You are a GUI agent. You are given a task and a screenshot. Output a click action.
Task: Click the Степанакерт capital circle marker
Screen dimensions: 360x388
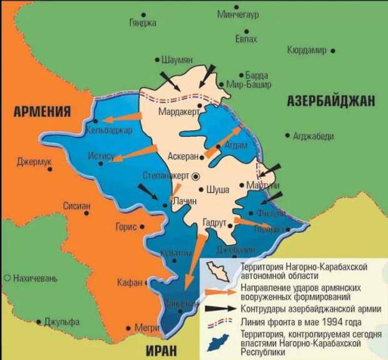point(195,176)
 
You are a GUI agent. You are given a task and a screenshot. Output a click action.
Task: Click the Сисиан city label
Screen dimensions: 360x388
point(76,205)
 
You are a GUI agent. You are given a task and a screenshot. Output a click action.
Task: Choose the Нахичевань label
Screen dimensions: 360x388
point(34,277)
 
